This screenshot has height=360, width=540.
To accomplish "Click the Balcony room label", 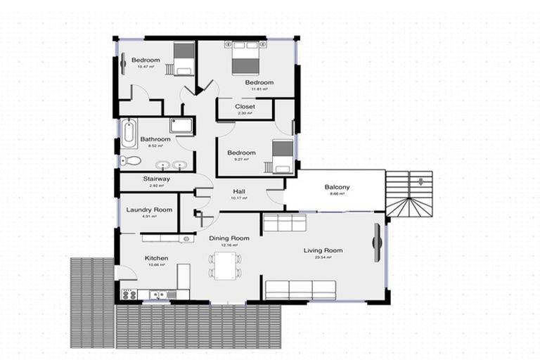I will pos(337,187).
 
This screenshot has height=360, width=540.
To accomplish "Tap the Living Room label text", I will pos(323,250).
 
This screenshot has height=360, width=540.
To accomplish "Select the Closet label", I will pos(245,107).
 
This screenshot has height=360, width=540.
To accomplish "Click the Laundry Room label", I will pos(149,210).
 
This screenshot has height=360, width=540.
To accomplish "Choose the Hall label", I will pos(240,191).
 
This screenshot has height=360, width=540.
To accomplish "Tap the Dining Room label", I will pos(230,238).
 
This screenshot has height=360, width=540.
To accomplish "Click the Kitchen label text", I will pos(156,259).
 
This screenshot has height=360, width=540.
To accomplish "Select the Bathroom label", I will pos(155,139).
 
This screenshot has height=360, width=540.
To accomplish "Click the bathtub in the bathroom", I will pos(129,134).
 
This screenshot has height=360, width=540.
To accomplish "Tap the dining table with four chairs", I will pos(225,266).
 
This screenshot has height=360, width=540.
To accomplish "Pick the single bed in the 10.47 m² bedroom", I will pos(183,58).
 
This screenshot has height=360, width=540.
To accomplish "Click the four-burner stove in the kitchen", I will pos(129,295).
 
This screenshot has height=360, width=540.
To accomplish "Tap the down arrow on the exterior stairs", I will pos(420,181).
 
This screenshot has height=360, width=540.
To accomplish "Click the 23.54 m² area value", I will pos(323,257).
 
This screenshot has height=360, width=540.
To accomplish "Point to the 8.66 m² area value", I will pos(337,194).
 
